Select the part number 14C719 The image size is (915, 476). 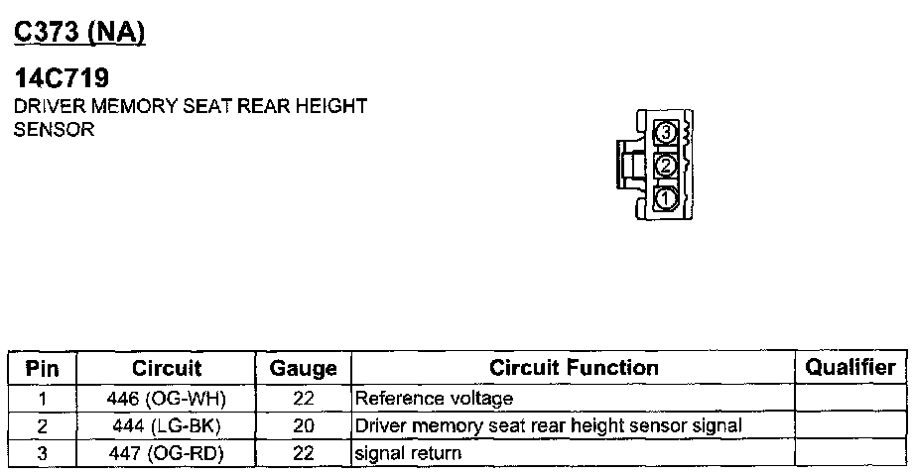click(63, 78)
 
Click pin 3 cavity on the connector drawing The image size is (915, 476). click(666, 133)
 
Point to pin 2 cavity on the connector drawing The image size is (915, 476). click(666, 165)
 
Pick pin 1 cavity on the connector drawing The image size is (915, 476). click(666, 197)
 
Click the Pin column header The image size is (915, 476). click(42, 368)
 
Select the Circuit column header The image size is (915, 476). click(167, 368)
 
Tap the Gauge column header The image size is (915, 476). click(303, 368)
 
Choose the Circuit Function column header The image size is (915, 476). click(574, 368)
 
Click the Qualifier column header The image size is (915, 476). click(850, 368)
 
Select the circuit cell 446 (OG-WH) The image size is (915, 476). click(167, 399)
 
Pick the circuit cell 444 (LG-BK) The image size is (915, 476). click(167, 426)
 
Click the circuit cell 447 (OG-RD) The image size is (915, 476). click(167, 453)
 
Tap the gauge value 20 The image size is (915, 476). click(304, 426)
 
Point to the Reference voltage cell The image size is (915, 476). click(435, 399)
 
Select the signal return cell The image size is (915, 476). click(408, 453)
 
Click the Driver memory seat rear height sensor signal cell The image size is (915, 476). click(548, 426)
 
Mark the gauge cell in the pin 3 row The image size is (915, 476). click(304, 453)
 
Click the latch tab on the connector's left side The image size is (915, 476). click(626, 164)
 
